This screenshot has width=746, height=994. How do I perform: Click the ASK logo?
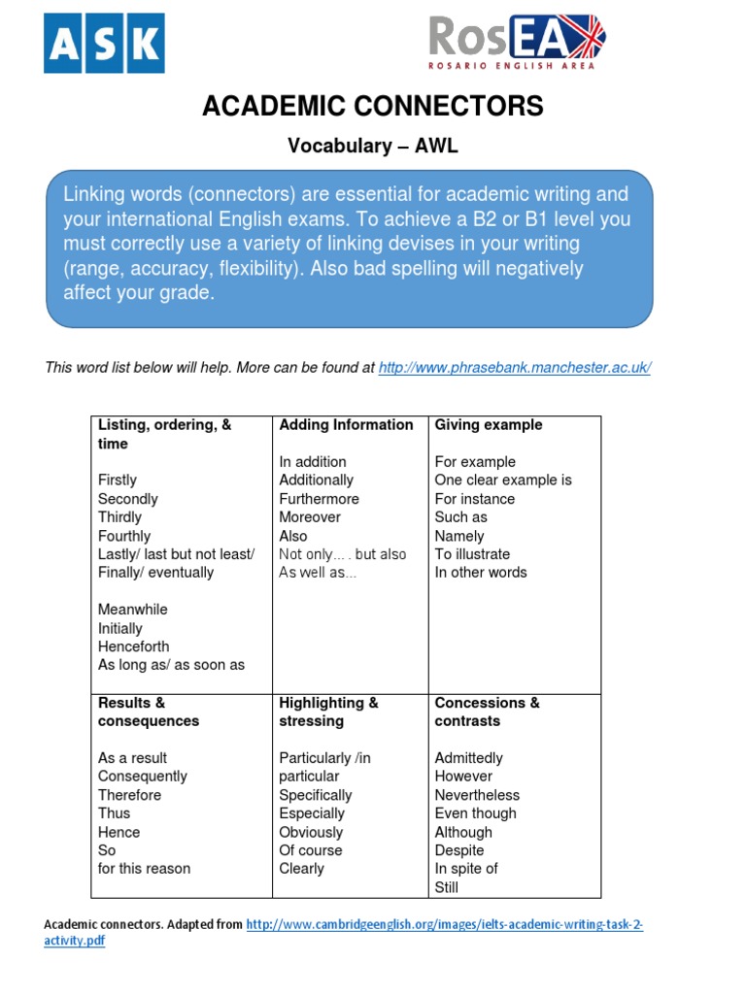(x=105, y=43)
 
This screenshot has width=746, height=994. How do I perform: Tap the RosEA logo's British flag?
(x=575, y=37)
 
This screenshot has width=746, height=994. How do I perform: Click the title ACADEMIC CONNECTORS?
(x=373, y=107)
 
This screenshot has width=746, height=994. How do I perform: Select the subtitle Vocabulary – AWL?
(x=372, y=146)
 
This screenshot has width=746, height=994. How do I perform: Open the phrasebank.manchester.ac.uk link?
(x=514, y=367)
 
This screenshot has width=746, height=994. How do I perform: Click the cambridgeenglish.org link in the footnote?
(x=444, y=925)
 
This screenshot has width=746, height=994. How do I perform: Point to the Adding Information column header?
(x=346, y=425)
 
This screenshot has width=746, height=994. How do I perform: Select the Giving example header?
(x=489, y=425)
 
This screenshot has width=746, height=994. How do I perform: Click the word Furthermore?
(x=319, y=499)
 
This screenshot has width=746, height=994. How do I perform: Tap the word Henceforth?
(x=133, y=646)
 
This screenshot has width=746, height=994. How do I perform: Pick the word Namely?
(x=459, y=536)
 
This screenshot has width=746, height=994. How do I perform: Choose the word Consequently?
(x=143, y=777)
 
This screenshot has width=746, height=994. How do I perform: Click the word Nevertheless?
(x=477, y=795)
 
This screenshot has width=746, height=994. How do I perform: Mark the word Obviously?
(x=311, y=832)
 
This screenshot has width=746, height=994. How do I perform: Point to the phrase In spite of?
(x=465, y=869)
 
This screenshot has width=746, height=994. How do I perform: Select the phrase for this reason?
(x=144, y=869)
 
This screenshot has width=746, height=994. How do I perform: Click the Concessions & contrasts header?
(x=487, y=712)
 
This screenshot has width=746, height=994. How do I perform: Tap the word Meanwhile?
(x=133, y=610)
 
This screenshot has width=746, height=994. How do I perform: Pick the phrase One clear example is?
(x=503, y=480)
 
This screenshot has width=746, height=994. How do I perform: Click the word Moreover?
(x=310, y=517)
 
